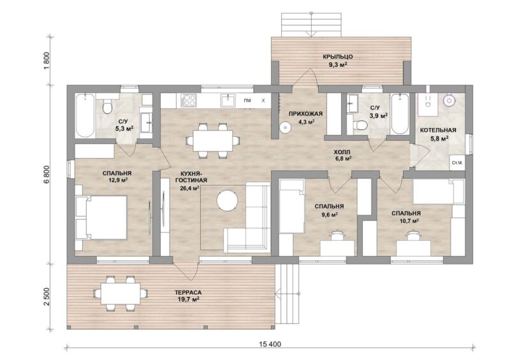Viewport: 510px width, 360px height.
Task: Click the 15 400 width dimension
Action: [x=270, y=343]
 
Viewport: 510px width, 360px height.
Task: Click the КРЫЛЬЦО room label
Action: [x=338, y=57]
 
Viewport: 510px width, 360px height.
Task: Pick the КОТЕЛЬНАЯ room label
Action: [x=438, y=130]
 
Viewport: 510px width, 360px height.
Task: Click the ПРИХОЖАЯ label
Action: [x=306, y=113]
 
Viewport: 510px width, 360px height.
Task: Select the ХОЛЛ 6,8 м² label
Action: [x=342, y=155]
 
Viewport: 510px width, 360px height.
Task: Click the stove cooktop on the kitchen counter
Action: [x=189, y=101]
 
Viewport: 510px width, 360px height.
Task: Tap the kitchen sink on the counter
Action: [x=229, y=100]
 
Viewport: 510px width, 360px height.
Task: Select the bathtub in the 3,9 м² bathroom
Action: [x=400, y=113]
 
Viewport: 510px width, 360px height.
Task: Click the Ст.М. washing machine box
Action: [x=457, y=162]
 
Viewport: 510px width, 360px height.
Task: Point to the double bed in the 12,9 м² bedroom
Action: [x=101, y=217]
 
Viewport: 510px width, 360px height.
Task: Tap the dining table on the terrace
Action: [x=120, y=293]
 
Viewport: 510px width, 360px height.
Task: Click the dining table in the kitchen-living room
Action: [x=213, y=140]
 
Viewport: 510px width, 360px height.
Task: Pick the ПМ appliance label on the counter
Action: [x=247, y=101]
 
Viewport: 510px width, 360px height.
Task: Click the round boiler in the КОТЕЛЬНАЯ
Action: [x=449, y=100]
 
